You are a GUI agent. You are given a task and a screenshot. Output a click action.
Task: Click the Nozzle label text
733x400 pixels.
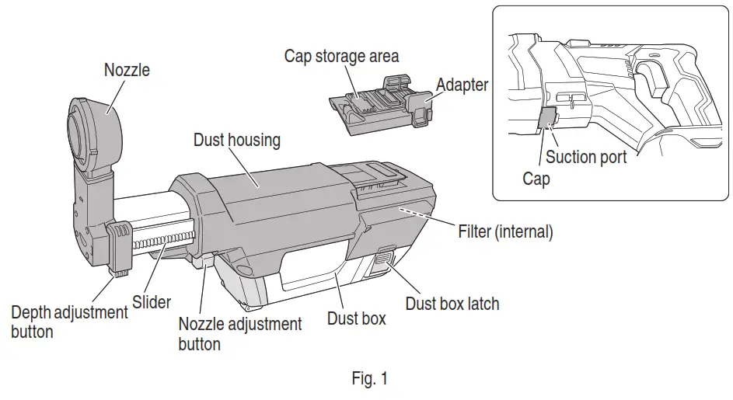(x=127, y=70)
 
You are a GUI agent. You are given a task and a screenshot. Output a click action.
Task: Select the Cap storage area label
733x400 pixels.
(x=341, y=56)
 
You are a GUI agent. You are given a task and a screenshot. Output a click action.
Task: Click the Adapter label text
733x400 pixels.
(x=462, y=84)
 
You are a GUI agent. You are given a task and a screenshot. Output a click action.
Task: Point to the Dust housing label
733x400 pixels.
(x=236, y=141)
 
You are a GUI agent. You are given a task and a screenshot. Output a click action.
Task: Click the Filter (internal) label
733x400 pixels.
(x=505, y=231)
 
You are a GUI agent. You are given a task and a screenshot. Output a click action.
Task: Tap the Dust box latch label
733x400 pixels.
(x=452, y=303)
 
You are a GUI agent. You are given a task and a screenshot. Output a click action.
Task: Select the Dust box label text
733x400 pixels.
(x=356, y=318)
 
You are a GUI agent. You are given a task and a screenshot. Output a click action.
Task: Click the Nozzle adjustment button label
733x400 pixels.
(x=239, y=332)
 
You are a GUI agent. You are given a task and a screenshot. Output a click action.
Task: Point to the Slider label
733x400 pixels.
(x=152, y=300)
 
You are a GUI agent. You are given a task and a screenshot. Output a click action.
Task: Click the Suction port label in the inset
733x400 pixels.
(x=586, y=157)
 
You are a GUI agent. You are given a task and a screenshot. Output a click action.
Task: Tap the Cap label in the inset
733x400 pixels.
(x=536, y=179)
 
